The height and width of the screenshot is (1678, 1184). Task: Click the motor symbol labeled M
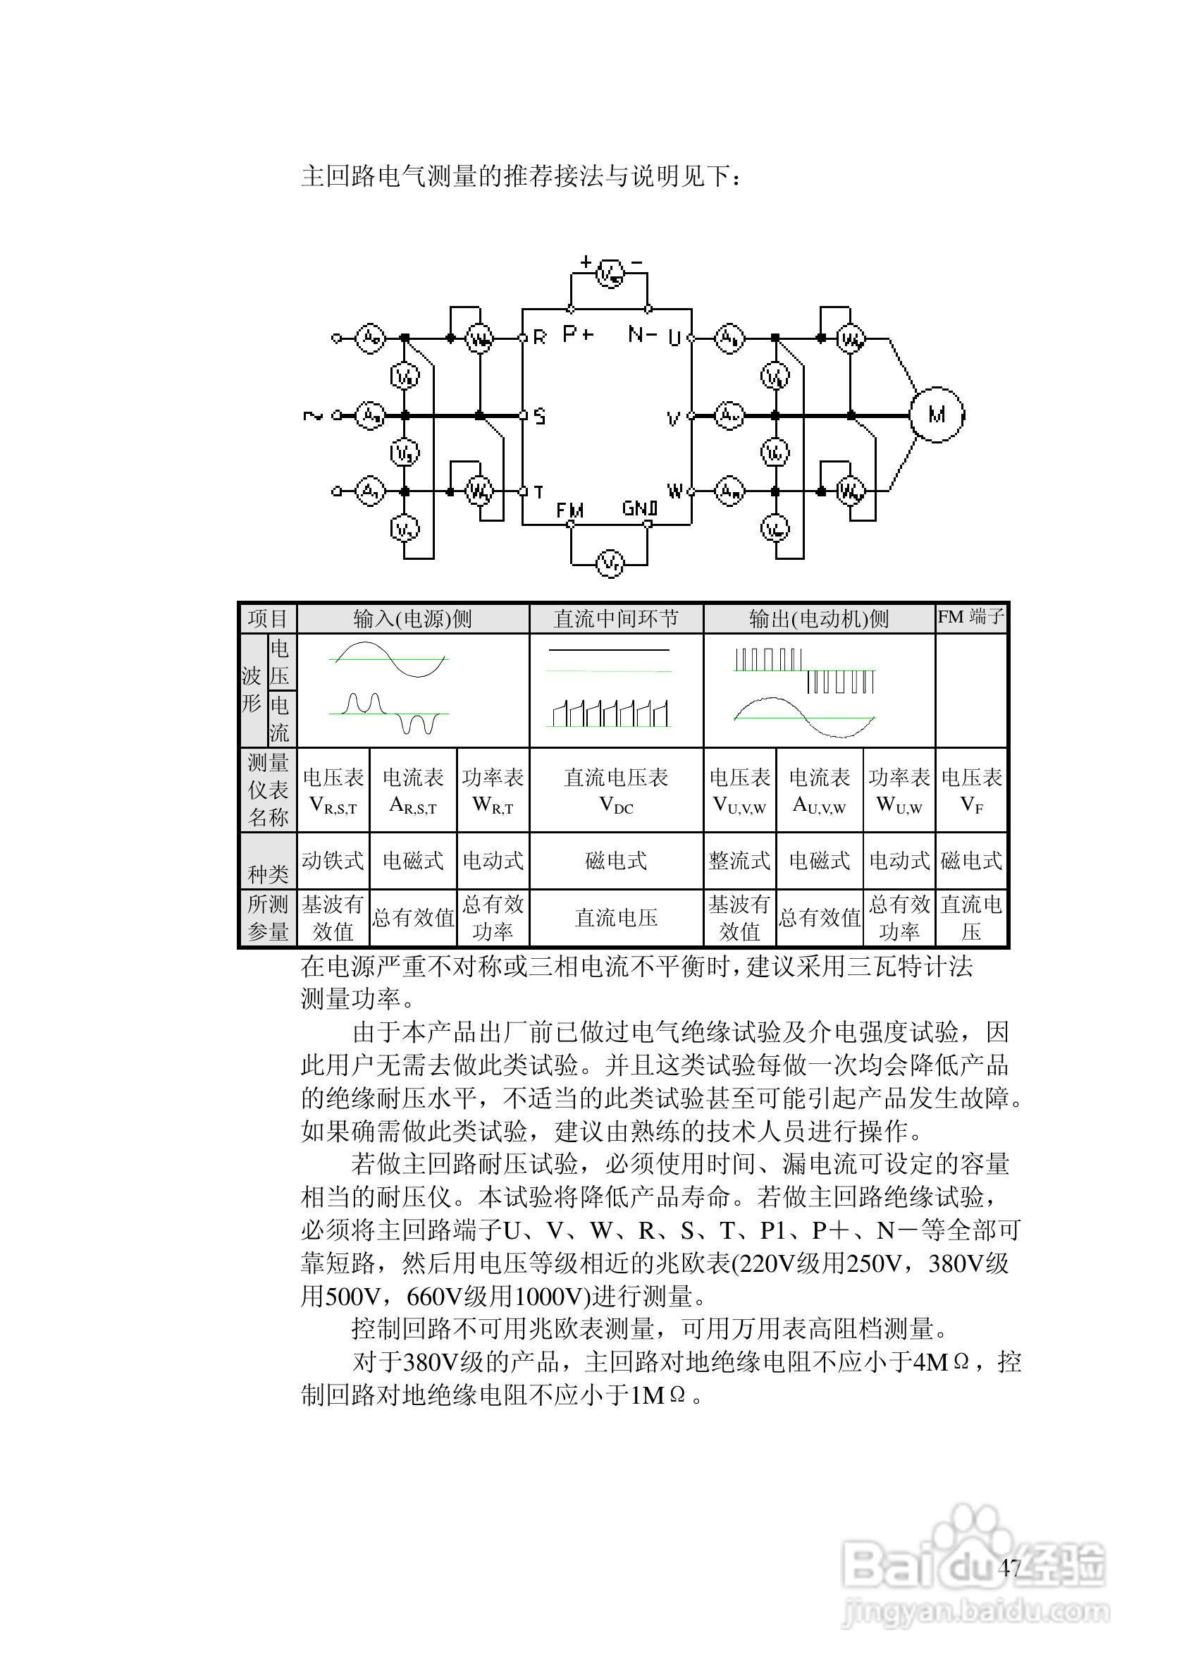tap(937, 415)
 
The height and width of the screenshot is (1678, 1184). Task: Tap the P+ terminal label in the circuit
tap(578, 334)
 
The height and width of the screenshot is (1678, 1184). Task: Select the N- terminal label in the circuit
tap(642, 335)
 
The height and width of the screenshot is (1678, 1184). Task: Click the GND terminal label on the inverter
tap(641, 508)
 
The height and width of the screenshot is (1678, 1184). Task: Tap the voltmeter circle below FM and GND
tap(610, 563)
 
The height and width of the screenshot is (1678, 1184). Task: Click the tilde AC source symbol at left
tap(313, 416)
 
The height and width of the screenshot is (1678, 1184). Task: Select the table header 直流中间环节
tap(616, 619)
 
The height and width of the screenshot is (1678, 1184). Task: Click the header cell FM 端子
tap(971, 617)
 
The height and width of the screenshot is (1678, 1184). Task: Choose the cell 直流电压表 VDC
tap(616, 790)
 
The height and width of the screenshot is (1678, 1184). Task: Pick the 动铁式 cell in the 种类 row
tap(333, 860)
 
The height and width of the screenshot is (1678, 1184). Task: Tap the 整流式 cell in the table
tap(739, 860)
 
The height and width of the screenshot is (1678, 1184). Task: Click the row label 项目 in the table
tap(267, 619)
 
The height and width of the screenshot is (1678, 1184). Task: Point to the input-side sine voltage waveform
tap(388, 659)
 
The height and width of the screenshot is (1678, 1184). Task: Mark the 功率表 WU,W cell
tap(899, 790)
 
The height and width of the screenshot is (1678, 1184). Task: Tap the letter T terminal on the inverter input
tap(538, 492)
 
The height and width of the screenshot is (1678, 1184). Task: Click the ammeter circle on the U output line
tap(728, 338)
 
